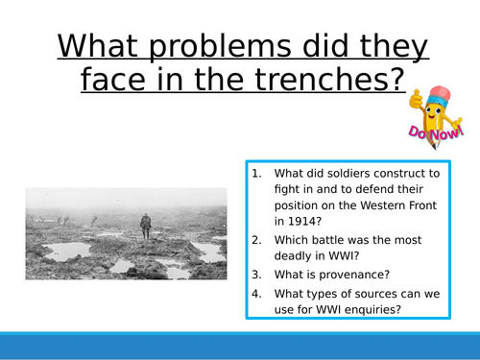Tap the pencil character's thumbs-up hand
pyautogui.click(x=416, y=100)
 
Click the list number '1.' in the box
pyautogui.click(x=255, y=174)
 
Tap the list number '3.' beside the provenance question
pyautogui.click(x=255, y=273)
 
